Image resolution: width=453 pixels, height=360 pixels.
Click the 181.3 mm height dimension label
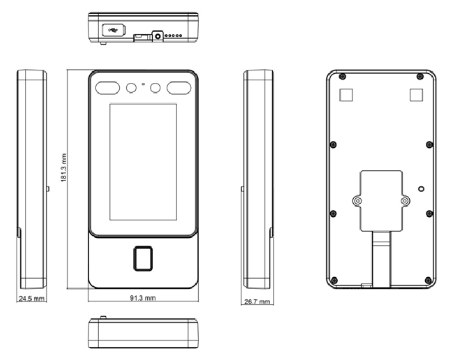(64, 168)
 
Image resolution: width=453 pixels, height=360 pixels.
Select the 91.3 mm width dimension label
(143, 297)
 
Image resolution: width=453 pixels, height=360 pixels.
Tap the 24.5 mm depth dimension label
(32, 299)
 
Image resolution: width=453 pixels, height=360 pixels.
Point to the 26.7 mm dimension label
(257, 301)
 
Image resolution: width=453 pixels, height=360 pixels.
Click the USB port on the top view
(114, 30)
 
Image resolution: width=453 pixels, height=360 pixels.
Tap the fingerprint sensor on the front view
(143, 259)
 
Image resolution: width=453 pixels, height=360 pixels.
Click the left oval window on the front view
(108, 88)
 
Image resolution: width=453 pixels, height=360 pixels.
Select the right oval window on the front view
(179, 88)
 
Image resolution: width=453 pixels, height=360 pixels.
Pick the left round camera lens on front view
(131, 88)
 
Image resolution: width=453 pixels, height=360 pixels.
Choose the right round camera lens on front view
(156, 88)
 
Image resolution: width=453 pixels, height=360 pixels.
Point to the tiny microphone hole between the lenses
(143, 84)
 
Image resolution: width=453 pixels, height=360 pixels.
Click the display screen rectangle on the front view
(143, 162)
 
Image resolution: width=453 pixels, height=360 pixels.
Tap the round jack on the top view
(158, 36)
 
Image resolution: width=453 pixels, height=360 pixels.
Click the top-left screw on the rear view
(342, 77)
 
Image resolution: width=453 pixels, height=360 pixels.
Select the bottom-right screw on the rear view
(428, 280)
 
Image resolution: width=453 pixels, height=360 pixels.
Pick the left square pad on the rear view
(346, 95)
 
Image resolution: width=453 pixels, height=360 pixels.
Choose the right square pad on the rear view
(416, 95)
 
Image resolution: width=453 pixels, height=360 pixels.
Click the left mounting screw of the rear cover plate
(358, 201)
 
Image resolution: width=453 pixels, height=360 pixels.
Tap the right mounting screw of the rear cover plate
(405, 201)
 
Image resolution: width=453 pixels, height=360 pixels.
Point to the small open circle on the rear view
(421, 189)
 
